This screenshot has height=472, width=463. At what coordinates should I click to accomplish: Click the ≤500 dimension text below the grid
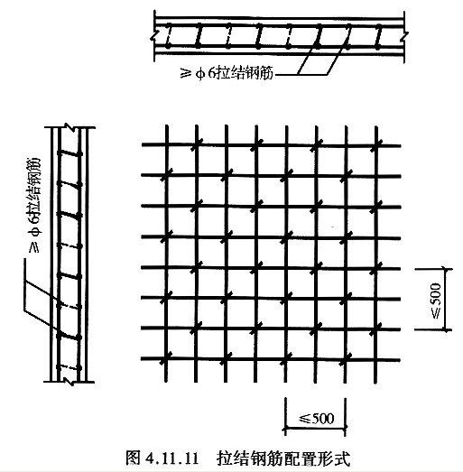tap(317, 418)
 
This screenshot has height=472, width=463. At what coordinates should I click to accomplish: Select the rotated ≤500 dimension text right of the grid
tap(437, 301)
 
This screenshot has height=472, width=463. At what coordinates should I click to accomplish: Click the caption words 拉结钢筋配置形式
tap(283, 458)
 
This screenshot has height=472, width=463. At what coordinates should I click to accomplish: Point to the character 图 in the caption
tap(133, 458)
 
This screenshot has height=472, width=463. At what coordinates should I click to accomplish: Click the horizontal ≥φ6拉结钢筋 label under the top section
tap(227, 73)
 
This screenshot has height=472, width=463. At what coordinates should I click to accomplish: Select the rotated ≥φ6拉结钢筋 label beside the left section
tap(33, 205)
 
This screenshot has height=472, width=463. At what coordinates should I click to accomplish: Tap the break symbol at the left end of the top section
tap(154, 34)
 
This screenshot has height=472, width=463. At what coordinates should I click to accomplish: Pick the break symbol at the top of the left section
tap(69, 127)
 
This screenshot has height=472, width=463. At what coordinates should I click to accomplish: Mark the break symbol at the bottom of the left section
tap(69, 382)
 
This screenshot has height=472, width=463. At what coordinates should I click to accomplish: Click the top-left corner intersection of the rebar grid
tap(166, 144)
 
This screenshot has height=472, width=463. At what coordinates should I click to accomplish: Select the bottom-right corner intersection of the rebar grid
tap(376, 360)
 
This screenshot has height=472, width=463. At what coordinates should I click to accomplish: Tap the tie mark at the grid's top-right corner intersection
tap(376, 144)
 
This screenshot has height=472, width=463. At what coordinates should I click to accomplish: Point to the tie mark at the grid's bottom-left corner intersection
tap(166, 358)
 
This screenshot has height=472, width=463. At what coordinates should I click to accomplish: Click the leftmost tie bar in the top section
tap(168, 36)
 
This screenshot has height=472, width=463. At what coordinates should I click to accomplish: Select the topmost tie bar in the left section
tap(69, 153)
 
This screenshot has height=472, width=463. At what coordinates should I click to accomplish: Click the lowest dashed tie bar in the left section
tap(69, 367)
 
